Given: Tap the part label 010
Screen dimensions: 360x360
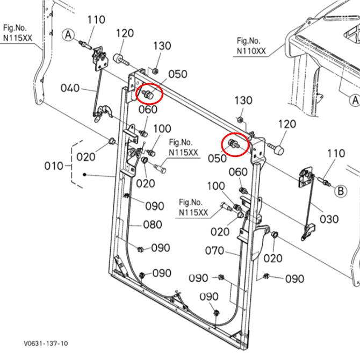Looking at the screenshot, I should tap(54, 166).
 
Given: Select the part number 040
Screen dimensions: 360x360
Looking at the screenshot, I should tap(70, 88).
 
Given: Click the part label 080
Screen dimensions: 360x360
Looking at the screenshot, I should tap(153, 225).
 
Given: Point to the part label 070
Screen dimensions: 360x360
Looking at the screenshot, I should tap(215, 250).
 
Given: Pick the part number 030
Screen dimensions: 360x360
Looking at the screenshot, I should tap(329, 219).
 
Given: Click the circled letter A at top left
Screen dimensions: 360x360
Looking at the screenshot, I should tap(68, 35).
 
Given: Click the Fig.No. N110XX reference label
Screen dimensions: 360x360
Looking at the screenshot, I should tap(250, 46).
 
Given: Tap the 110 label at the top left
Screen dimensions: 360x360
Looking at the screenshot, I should tap(96, 20).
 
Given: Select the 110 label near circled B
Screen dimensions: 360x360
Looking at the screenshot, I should tap(336, 154).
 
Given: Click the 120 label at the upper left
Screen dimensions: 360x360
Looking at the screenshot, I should tap(124, 33).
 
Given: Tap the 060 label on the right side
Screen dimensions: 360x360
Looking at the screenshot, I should tap(238, 172).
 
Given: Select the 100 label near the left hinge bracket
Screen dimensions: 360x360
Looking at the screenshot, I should tap(162, 129).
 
